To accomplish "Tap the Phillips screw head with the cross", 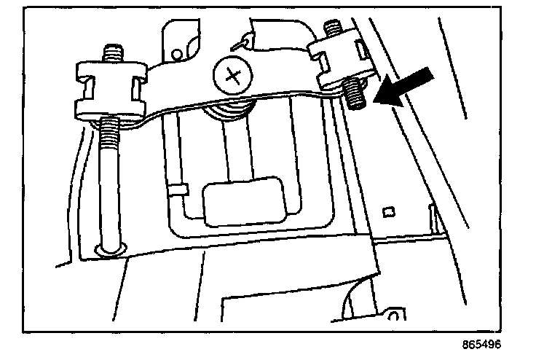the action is [x=233, y=74].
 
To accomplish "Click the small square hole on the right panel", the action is [x=388, y=211].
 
